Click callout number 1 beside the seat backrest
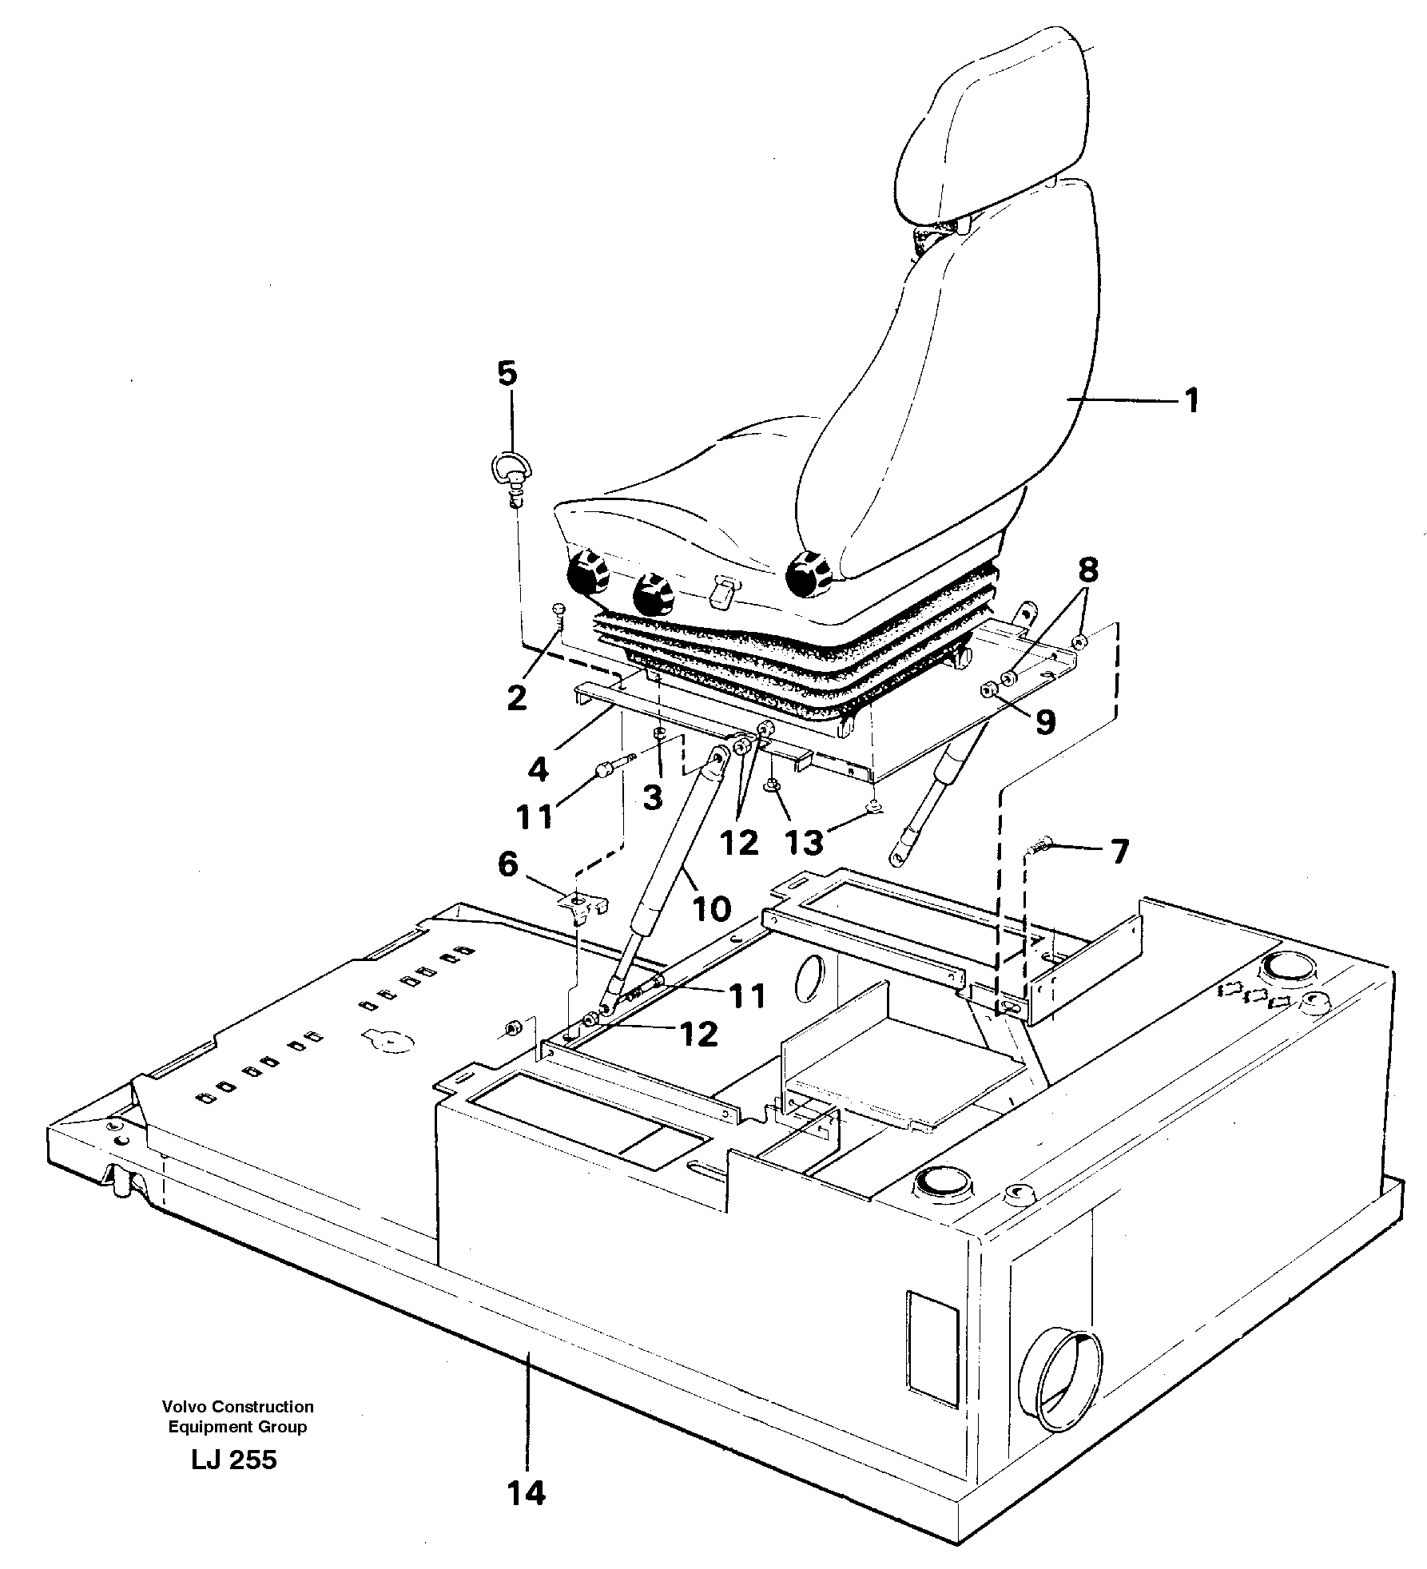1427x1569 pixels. click(x=1191, y=400)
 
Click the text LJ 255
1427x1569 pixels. click(x=234, y=1460)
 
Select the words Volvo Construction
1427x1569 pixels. click(x=237, y=1407)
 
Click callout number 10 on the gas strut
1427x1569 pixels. click(x=711, y=908)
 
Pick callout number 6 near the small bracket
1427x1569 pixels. click(x=508, y=864)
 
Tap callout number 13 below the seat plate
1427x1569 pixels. click(x=805, y=841)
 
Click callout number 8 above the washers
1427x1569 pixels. click(x=1087, y=571)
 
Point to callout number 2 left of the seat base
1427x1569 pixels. click(x=517, y=697)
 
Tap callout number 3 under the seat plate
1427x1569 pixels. click(x=653, y=796)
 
